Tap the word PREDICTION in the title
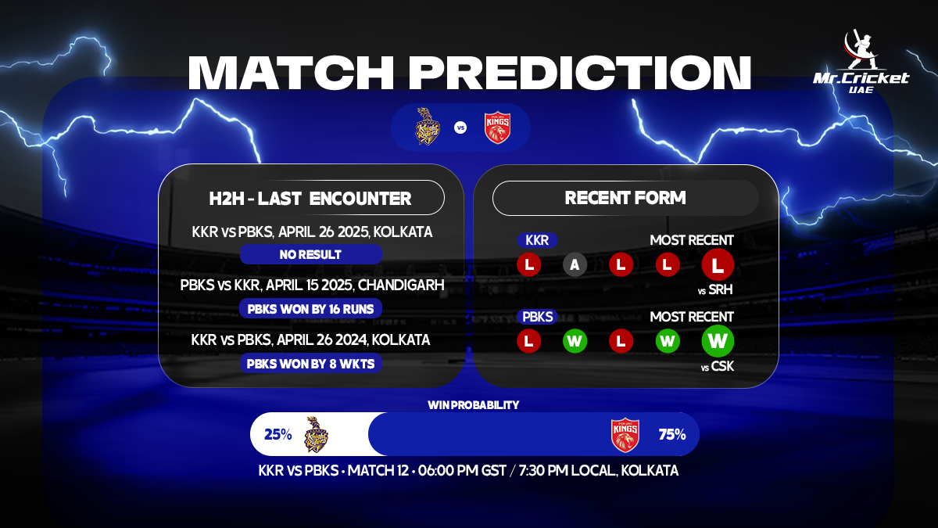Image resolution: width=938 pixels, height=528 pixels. coord(582,73)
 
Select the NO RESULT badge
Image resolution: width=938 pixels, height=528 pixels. coord(310,254)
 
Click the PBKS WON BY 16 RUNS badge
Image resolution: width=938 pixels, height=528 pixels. coord(310,308)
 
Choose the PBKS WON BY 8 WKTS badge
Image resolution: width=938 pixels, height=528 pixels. coord(310,363)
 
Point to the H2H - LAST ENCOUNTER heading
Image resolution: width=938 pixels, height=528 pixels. coord(310,198)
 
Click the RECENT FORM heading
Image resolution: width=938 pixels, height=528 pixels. coord(625,198)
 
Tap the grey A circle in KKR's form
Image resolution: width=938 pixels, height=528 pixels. coord(575,264)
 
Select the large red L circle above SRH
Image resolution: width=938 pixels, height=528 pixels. coord(718,264)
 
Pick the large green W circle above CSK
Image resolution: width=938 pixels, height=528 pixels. coord(718,340)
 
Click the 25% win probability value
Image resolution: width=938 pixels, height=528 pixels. coord(277,434)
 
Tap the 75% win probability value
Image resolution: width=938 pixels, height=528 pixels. coord(672,434)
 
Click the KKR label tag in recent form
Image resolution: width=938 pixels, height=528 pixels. coord(537,240)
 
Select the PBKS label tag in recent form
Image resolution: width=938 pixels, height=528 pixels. coord(537,317)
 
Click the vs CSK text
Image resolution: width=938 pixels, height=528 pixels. coord(718,365)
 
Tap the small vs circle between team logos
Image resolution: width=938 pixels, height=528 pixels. coord(460,127)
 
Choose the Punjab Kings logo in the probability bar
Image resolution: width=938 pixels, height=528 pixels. coord(625,435)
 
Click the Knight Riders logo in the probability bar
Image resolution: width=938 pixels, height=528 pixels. coord(316,435)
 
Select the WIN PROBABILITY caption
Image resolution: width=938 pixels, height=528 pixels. coord(473,404)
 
